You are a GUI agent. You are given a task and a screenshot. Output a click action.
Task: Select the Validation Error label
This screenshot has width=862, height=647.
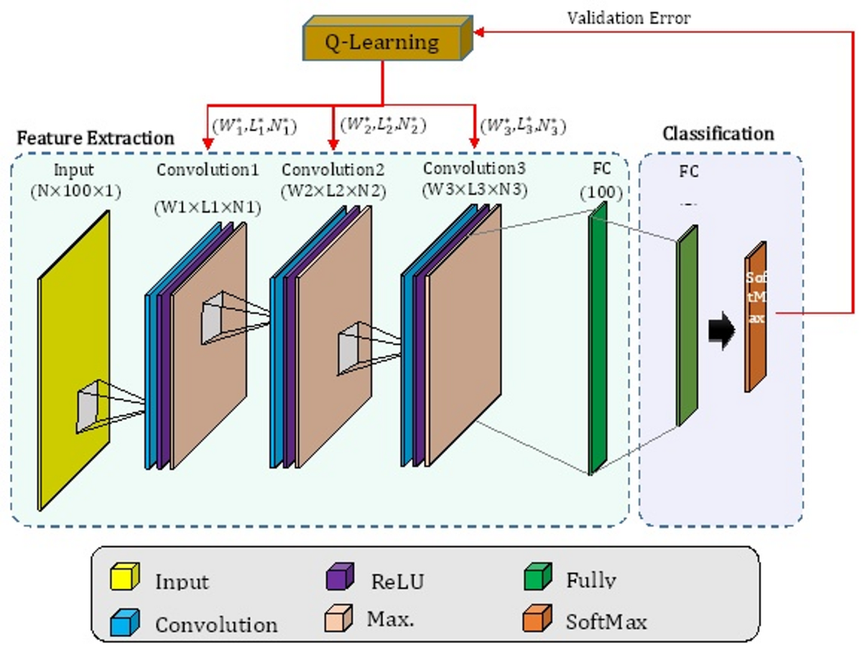point(629,19)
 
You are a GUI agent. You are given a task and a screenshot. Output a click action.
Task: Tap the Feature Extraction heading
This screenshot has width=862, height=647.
point(96,137)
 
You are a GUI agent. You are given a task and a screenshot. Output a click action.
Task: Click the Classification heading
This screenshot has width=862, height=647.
point(718,134)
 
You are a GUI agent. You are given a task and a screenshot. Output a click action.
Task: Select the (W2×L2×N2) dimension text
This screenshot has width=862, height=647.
point(333,191)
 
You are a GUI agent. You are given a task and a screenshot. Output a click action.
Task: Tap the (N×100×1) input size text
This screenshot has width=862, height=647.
point(74,191)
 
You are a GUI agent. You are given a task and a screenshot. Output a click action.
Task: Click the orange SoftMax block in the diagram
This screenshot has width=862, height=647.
point(756,316)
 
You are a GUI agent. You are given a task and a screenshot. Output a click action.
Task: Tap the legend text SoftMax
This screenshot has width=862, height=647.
point(606,620)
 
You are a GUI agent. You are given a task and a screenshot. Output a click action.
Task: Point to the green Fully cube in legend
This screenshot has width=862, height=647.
point(538,577)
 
